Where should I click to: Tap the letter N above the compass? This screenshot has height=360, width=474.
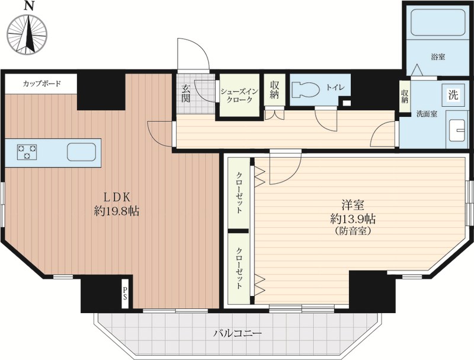point(28,6)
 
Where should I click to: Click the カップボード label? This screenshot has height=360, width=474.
point(42,84)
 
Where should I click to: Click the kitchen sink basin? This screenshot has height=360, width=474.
point(81,152)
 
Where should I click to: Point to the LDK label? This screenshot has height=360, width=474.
point(117,197)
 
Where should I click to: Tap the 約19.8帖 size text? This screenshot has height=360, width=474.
point(117,211)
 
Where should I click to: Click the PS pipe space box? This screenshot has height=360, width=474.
point(126,294)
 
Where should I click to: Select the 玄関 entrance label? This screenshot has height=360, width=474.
point(185,94)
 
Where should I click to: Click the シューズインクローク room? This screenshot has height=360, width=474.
point(239,95)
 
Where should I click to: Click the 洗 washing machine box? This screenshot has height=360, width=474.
point(453,95)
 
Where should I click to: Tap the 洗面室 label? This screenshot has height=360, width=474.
point(427,114)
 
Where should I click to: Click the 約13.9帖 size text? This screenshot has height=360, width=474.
point(353,218)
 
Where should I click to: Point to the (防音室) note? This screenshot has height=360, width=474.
point(353,231)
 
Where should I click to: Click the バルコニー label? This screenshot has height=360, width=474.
point(238,334)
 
